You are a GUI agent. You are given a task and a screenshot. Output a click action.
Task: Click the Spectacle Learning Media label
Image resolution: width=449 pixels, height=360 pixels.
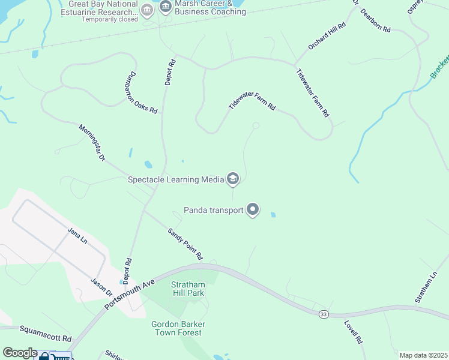coord(175,179)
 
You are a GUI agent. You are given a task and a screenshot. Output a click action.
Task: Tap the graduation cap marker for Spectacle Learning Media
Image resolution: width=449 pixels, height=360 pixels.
coord(232,179)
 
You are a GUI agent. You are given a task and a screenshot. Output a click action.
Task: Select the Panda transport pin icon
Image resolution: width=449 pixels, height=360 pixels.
coord(253,210)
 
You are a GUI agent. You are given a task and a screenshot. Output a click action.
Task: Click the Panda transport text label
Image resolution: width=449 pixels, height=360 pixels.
coord(213,210)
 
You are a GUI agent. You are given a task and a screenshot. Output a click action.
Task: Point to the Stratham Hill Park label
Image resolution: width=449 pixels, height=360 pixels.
coord(188,289)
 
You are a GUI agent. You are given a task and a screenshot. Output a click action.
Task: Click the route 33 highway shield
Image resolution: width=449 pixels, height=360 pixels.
coord(324,314)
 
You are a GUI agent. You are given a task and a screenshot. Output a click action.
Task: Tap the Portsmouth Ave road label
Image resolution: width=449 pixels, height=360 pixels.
coord(130,294)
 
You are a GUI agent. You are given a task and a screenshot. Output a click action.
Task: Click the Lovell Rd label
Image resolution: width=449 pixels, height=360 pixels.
coord(354,331)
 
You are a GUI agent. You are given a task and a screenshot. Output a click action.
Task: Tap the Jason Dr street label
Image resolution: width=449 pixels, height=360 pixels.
coord(101,286)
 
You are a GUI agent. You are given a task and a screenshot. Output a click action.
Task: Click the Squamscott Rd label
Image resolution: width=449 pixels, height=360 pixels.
coord(45,330)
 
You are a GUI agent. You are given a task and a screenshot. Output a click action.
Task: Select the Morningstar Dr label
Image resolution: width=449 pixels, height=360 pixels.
coord(92,142)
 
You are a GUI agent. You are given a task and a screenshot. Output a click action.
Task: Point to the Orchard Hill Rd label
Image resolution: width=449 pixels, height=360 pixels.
coord(327,36)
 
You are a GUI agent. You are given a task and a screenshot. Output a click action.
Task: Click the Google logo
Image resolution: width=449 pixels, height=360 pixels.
coord(20,353)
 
